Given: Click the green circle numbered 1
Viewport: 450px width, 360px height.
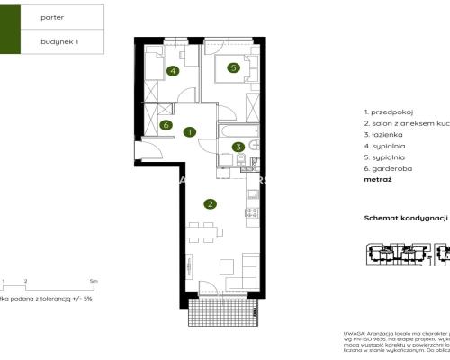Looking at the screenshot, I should (x=189, y=132).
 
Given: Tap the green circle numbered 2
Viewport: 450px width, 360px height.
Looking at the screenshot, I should (x=210, y=204).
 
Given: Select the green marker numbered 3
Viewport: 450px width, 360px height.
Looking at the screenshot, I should (x=238, y=147).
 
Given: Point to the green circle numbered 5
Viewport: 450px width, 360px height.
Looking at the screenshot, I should (x=232, y=67).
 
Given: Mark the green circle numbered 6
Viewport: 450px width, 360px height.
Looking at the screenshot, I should (x=166, y=125).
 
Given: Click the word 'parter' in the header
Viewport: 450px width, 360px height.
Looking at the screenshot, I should (x=52, y=16).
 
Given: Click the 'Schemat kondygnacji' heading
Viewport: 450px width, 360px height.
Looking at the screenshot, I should (x=405, y=218).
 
